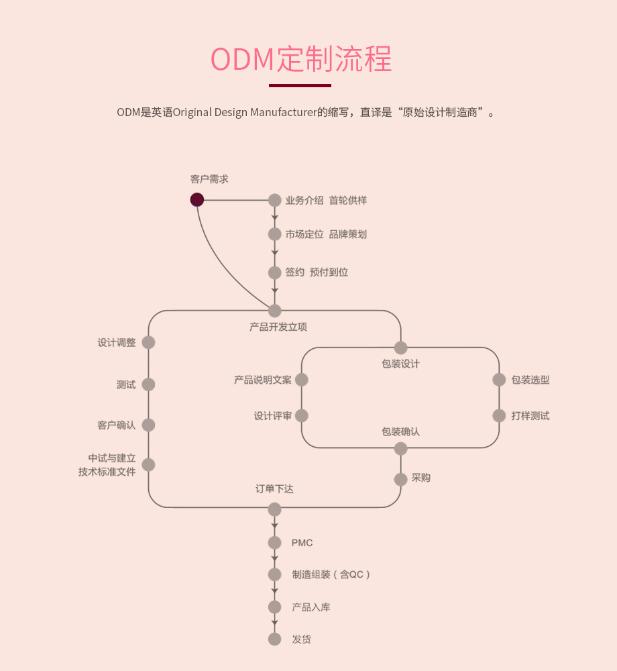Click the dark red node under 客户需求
click(197, 200)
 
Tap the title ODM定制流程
click(301, 59)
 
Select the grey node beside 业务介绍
click(274, 200)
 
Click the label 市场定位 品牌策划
click(326, 234)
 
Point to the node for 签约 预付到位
click(274, 272)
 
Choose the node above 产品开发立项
click(274, 311)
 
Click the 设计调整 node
click(148, 342)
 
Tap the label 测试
click(126, 384)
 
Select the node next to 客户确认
click(148, 425)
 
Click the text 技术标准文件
click(107, 472)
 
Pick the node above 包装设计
click(400, 348)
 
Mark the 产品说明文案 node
click(302, 380)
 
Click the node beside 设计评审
click(302, 415)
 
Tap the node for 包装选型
click(499, 380)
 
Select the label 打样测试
click(530, 415)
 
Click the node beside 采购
click(400, 479)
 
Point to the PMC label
click(302, 543)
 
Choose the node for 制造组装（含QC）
click(274, 574)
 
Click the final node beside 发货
click(274, 639)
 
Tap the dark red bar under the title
click(300, 85)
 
